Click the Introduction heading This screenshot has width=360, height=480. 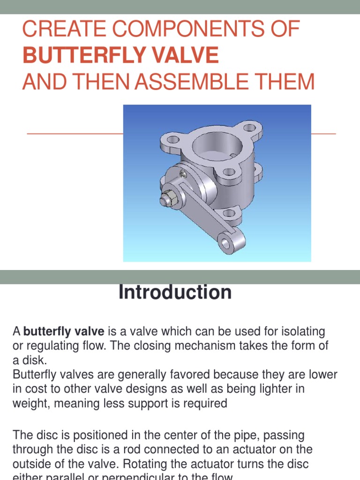point(175,292)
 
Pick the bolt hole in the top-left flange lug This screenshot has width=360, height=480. point(170,139)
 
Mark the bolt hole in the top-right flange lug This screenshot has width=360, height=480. point(250,127)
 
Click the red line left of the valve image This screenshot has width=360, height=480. point(75,134)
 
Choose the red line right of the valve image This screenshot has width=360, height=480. point(323,134)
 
